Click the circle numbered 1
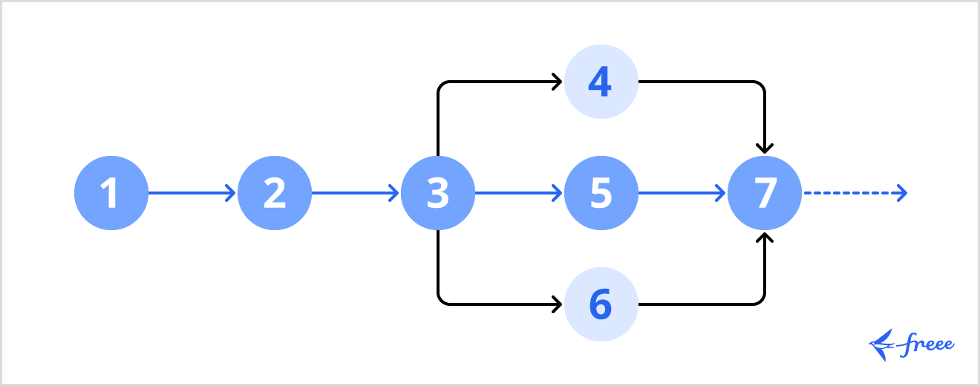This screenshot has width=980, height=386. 111,193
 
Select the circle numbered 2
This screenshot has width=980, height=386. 275,193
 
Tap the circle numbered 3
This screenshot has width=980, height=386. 438,193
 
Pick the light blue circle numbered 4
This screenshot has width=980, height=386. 601,82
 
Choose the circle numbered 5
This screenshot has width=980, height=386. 601,193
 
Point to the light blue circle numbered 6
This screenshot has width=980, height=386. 601,304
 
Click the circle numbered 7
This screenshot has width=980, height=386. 765,193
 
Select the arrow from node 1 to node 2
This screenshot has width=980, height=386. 192,193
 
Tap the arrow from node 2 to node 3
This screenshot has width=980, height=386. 355,193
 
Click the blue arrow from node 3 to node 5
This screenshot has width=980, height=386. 518,193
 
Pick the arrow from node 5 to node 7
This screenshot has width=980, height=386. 682,193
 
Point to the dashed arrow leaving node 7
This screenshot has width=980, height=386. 854,193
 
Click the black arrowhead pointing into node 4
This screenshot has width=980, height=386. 558,82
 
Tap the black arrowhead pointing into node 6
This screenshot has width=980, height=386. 558,304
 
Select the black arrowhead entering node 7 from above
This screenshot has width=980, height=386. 765,147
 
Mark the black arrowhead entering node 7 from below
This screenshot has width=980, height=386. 765,238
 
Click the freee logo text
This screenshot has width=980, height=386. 927,344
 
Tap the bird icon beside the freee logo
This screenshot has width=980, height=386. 882,345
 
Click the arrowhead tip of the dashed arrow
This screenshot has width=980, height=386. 903,193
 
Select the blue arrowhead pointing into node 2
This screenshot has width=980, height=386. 231,193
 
